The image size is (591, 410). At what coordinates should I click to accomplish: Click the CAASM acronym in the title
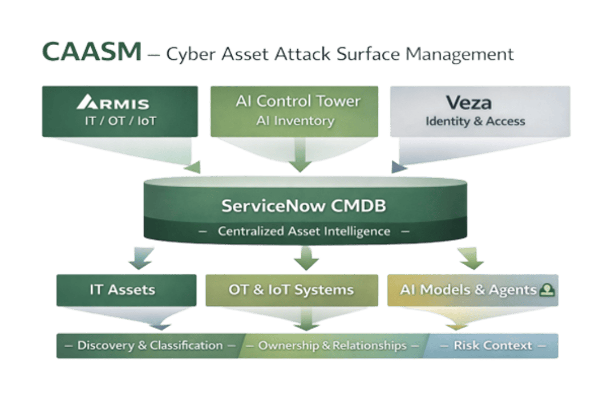point(92,52)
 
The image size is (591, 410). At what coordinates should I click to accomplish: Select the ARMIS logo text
point(113,103)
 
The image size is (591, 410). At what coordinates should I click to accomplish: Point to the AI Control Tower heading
point(298,102)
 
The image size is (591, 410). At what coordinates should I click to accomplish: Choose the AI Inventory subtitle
point(294,121)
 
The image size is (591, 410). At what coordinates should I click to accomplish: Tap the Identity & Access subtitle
point(475,121)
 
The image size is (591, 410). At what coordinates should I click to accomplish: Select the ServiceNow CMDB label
point(303,206)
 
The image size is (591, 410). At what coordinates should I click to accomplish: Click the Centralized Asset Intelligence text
point(303,232)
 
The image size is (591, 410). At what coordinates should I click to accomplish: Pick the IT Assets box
point(122,290)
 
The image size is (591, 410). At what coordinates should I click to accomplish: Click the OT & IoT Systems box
point(291,290)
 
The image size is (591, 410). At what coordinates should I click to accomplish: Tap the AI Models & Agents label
point(468,290)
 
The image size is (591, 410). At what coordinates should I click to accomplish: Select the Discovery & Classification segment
point(149,345)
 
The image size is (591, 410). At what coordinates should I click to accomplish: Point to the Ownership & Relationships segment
point(332,346)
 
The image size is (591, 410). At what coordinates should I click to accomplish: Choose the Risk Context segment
point(492,346)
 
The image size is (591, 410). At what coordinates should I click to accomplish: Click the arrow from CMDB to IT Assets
point(140,258)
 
